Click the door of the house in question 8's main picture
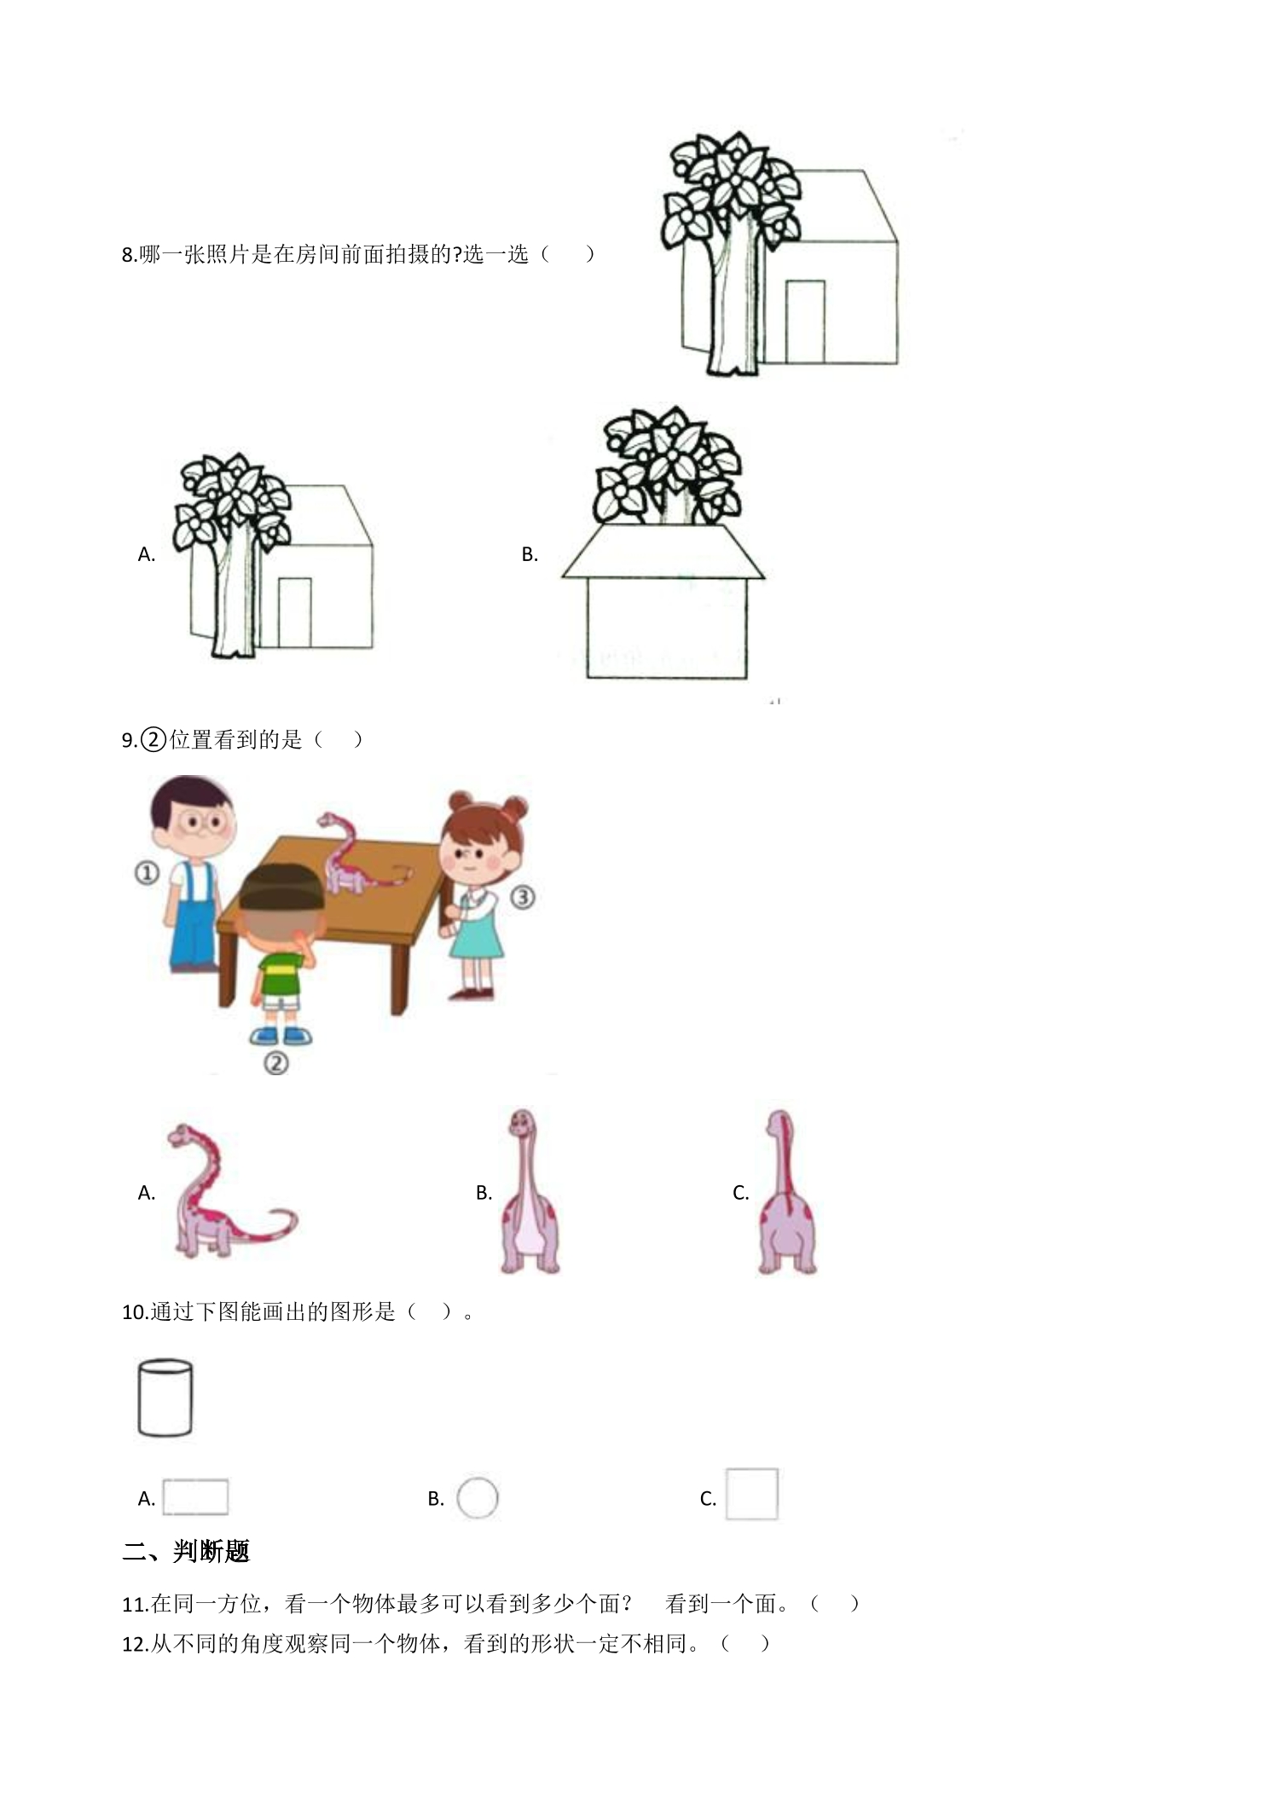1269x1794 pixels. coord(805,322)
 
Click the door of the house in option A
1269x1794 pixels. coord(294,613)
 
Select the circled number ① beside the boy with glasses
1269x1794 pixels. coord(147,872)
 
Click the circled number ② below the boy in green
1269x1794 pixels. coord(275,1062)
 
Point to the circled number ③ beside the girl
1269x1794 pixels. coord(522,897)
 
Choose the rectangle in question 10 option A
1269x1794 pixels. coord(195,1496)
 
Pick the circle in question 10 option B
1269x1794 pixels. coord(477,1497)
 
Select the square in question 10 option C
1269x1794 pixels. coord(751,1494)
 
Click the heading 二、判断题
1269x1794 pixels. coord(186,1551)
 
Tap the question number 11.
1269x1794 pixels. coord(136,1605)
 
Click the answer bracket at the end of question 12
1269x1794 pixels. coord(746,1643)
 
